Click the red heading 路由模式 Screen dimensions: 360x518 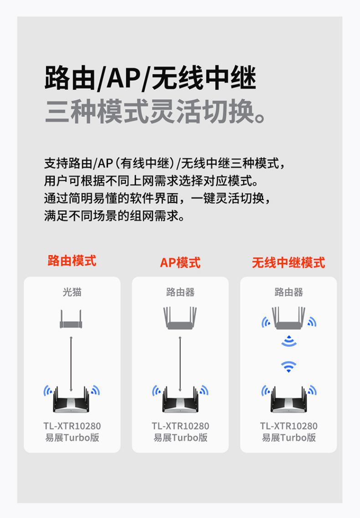[x=72, y=261]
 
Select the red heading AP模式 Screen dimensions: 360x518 [x=180, y=263]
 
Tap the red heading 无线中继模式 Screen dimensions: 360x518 [x=288, y=263]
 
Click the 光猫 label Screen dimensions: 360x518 [x=72, y=292]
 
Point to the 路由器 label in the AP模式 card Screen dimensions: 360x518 [x=180, y=292]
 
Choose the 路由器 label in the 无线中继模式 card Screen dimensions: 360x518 [x=288, y=292]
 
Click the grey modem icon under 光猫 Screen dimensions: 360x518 [x=71, y=319]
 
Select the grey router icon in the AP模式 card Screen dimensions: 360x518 [x=180, y=318]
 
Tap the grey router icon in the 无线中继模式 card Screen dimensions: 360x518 [x=288, y=318]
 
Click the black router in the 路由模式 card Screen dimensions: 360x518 [x=71, y=400]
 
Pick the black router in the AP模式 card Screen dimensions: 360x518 [x=180, y=400]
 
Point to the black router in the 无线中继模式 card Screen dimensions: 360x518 [x=288, y=400]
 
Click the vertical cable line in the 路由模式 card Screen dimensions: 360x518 [x=71, y=364]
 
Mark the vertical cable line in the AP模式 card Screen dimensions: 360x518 [x=180, y=364]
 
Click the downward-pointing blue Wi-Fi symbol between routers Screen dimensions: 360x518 [x=288, y=366]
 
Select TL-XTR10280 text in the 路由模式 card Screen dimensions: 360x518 [x=72, y=426]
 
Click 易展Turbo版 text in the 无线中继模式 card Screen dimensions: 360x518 [x=288, y=437]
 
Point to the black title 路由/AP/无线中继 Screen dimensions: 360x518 [x=150, y=78]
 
